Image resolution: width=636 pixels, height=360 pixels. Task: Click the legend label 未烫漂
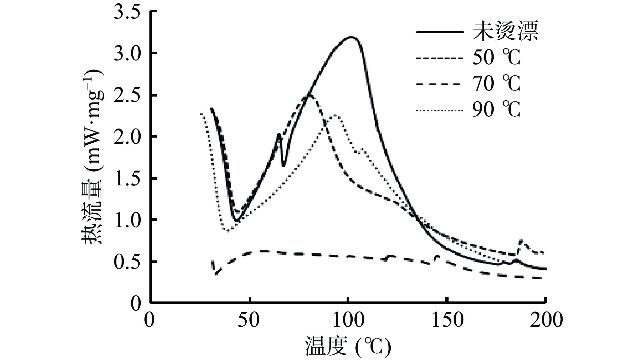point(505,32)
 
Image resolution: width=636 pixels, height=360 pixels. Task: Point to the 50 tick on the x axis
point(249,320)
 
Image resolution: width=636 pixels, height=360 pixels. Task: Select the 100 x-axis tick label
point(348,320)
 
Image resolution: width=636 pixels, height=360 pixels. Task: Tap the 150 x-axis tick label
point(447,320)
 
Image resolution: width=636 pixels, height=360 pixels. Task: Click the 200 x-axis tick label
point(545,320)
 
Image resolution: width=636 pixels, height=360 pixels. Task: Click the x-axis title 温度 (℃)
point(348,347)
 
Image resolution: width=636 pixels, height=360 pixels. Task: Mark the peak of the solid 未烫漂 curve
point(351,36)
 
